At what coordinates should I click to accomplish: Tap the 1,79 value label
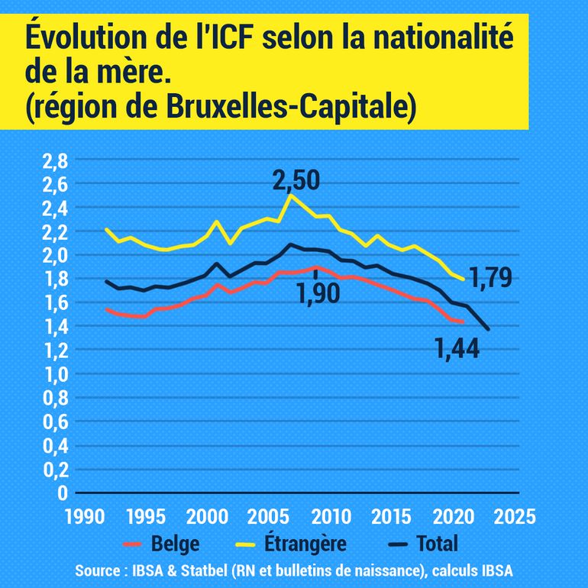490,278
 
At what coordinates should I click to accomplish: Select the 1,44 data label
457,350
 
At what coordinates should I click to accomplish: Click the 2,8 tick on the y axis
56,160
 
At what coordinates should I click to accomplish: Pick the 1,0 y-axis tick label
56,374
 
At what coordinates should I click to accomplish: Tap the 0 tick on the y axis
64,493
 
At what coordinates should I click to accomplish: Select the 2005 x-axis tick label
267,515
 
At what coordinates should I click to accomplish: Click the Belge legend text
176,544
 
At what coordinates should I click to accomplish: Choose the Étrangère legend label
305,544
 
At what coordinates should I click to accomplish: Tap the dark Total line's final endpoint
488,329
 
